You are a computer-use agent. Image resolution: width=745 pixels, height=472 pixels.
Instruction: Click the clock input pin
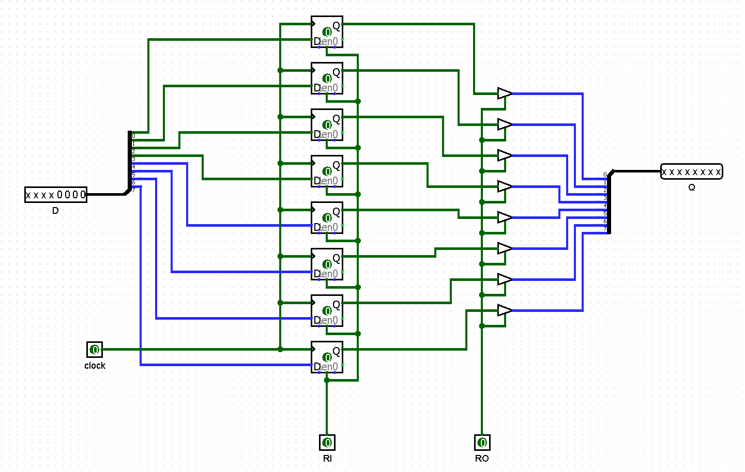click(95, 350)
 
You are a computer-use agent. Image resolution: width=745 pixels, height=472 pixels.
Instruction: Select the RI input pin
click(327, 443)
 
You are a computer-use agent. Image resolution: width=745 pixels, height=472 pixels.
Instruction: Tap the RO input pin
click(482, 443)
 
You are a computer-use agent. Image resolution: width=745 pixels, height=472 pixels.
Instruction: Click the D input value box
click(56, 195)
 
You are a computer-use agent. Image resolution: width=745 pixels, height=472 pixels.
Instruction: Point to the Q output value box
click(691, 171)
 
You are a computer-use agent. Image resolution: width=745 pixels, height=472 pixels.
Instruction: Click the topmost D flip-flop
click(327, 32)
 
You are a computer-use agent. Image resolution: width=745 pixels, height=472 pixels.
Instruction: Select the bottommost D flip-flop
click(327, 357)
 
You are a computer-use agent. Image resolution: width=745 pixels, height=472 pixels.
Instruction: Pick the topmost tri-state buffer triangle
click(504, 93)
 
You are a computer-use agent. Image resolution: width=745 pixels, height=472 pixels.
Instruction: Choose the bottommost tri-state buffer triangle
click(504, 310)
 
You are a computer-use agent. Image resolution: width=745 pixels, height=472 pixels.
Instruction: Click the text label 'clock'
click(95, 366)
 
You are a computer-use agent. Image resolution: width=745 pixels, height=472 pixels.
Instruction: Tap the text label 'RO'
click(482, 459)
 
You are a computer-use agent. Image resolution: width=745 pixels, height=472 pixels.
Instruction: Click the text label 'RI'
click(327, 459)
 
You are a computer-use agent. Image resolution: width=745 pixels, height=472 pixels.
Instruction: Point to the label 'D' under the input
click(55, 211)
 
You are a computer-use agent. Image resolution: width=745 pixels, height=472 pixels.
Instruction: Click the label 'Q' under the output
click(692, 187)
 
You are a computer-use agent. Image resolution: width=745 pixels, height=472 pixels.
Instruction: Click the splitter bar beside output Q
click(609, 202)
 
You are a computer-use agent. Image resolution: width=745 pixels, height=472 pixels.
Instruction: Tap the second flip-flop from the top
click(327, 78)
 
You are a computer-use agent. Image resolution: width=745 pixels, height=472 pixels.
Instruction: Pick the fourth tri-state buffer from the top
click(504, 186)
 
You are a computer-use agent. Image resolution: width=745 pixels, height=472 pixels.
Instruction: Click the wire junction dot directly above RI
click(327, 380)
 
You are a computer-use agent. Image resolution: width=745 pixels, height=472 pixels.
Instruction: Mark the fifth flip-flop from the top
click(327, 218)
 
